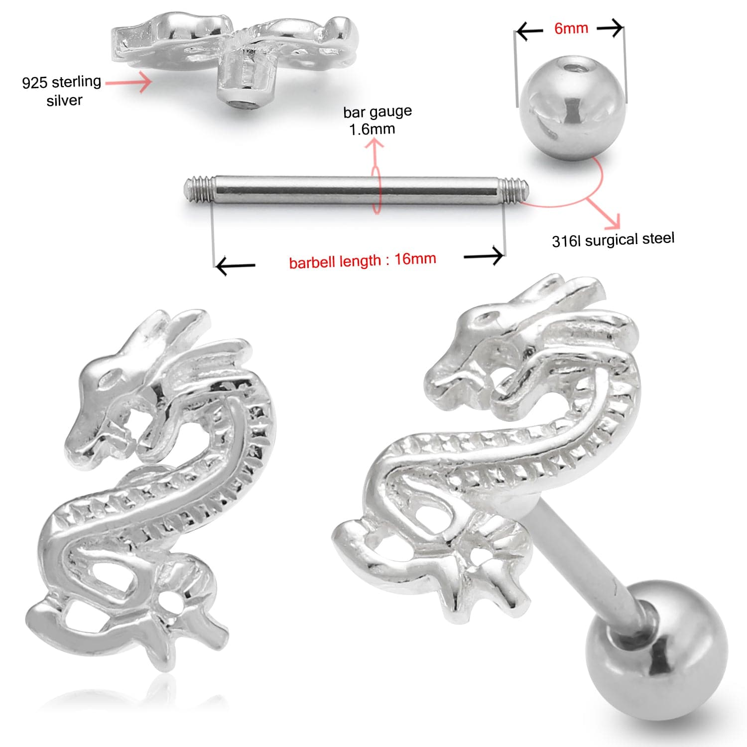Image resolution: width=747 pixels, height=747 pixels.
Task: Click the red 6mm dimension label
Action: tap(571, 28)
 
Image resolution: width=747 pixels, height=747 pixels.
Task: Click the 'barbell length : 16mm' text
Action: tap(363, 260)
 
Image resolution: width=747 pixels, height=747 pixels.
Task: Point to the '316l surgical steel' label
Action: tap(613, 240)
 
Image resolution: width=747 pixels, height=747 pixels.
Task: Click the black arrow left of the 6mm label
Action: tap(529, 32)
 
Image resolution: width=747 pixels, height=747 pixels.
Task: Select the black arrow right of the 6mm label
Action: tap(610, 28)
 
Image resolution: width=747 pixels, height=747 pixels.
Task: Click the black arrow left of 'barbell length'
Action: tap(236, 266)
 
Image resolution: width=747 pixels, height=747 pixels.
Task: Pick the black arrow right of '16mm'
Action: tap(483, 256)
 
